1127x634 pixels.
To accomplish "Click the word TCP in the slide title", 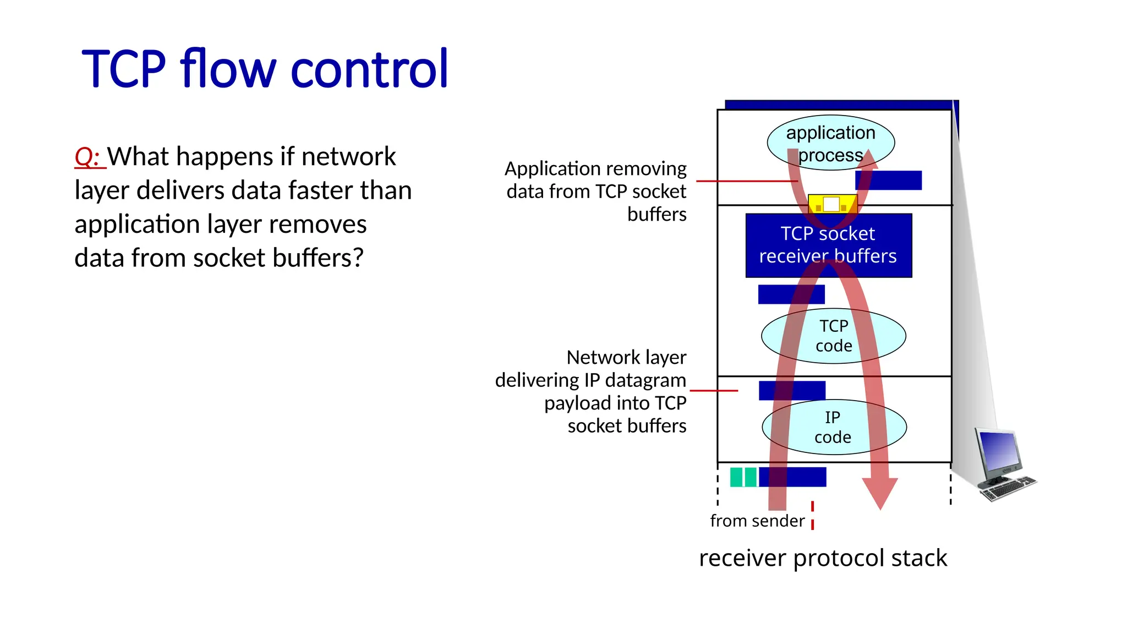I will point(123,69).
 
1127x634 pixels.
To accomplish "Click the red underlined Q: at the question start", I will point(87,157).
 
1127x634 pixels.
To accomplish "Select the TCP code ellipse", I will point(833,336).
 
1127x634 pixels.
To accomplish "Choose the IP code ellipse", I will point(833,427).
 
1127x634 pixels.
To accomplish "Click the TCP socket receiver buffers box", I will point(828,245).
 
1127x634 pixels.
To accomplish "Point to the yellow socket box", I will point(831,204).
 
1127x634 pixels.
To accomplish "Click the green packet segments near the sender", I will point(743,477).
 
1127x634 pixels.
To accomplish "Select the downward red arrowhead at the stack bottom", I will point(879,493).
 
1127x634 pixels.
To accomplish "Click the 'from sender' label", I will point(757,521).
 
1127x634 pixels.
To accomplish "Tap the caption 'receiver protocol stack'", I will point(823,558).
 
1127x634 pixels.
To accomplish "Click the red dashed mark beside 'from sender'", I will point(812,516).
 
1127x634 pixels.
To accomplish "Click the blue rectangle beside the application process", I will point(888,181).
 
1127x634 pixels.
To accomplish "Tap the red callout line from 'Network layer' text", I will point(713,391).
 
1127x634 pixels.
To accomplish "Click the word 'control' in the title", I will point(369,69).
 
